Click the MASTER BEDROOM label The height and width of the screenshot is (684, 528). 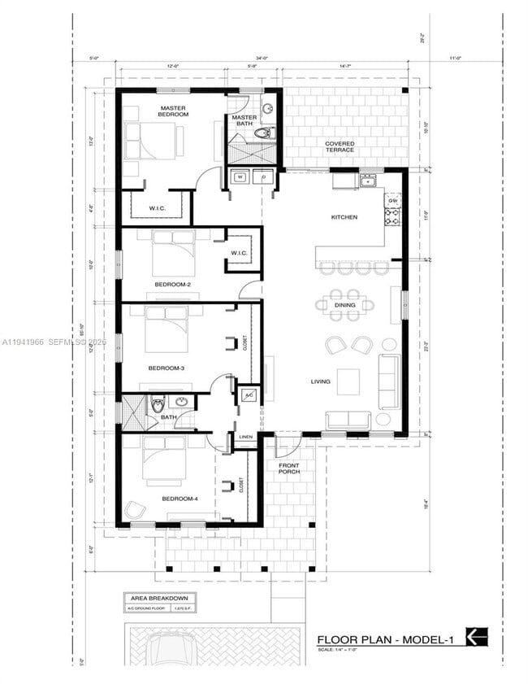click(x=174, y=111)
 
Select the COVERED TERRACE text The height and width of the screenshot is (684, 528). click(x=340, y=146)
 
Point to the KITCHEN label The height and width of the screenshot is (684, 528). click(x=344, y=217)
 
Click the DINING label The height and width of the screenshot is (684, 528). click(x=344, y=305)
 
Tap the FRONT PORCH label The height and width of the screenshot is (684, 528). click(x=288, y=469)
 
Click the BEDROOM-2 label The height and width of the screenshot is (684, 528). click(x=173, y=284)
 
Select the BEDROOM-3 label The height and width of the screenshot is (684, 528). click(x=167, y=368)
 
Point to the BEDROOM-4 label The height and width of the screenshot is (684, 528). click(x=180, y=499)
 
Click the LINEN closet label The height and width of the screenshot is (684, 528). click(x=246, y=437)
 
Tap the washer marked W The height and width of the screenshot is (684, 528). click(x=240, y=176)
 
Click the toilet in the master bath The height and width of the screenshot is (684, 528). click(x=264, y=132)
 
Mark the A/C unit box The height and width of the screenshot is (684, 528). click(x=249, y=395)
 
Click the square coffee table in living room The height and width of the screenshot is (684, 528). click(x=348, y=381)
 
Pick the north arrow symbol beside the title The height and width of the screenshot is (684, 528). click(x=477, y=637)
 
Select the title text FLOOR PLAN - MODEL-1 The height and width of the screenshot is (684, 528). click(x=386, y=638)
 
